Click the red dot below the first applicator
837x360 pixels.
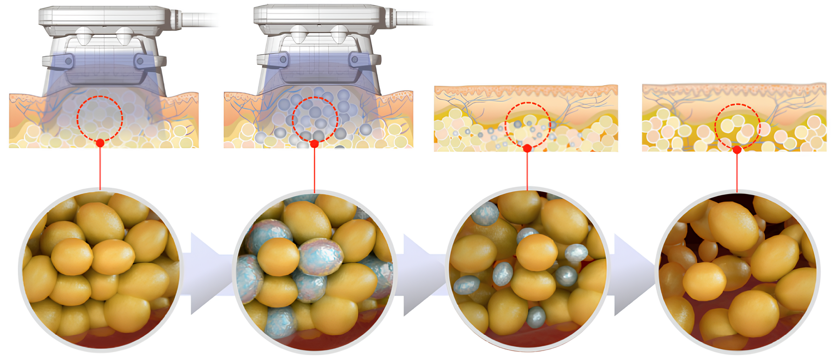tap(100, 143)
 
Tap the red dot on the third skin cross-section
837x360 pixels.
tap(527, 148)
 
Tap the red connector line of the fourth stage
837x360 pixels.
tap(737, 172)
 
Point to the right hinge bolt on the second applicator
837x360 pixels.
tap(355, 60)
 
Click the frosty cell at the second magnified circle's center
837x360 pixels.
tap(320, 256)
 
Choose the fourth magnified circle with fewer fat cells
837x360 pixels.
tap(737, 271)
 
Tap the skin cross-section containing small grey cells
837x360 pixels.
tap(526, 119)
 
